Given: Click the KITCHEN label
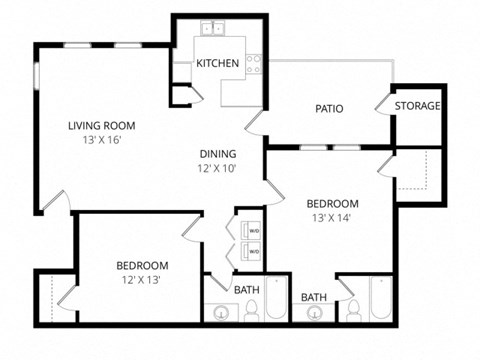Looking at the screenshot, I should (217, 63).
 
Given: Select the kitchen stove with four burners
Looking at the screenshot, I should (254, 64).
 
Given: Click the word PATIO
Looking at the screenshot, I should (330, 108).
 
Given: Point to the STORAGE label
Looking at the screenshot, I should (417, 106).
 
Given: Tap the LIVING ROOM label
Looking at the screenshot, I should (101, 126).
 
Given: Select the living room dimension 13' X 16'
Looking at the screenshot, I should (101, 142).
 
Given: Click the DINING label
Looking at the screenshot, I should (217, 154).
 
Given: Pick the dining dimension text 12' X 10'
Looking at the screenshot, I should (217, 169).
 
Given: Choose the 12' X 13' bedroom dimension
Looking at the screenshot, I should (142, 280).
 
